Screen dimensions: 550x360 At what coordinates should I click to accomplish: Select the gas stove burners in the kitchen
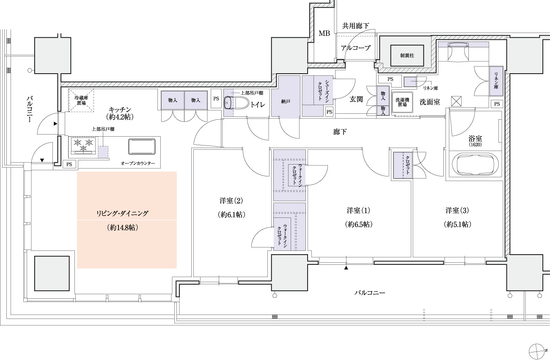click(x=83, y=145)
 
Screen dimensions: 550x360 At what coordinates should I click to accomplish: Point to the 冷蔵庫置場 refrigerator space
click(x=81, y=100)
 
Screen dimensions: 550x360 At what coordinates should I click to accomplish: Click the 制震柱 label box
click(x=407, y=55)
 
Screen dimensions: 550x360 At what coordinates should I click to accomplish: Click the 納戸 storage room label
click(x=286, y=102)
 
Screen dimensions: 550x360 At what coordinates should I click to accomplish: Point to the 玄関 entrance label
click(x=356, y=99)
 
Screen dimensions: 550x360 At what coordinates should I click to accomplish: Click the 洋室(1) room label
click(x=358, y=210)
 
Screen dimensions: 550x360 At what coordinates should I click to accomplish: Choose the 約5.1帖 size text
click(x=457, y=224)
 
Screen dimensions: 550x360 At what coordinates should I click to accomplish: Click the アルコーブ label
click(x=355, y=48)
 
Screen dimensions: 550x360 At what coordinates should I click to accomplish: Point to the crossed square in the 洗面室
click(x=456, y=102)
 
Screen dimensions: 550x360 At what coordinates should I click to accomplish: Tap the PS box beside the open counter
click(x=68, y=164)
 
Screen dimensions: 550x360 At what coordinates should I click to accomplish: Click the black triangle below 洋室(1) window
click(x=346, y=268)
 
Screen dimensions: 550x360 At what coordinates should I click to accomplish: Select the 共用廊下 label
click(x=355, y=26)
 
